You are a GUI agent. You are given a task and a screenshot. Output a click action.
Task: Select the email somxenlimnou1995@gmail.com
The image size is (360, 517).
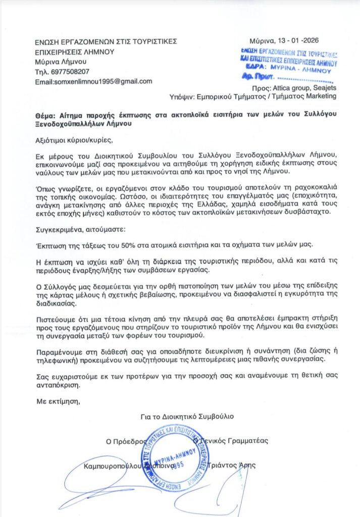93,81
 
